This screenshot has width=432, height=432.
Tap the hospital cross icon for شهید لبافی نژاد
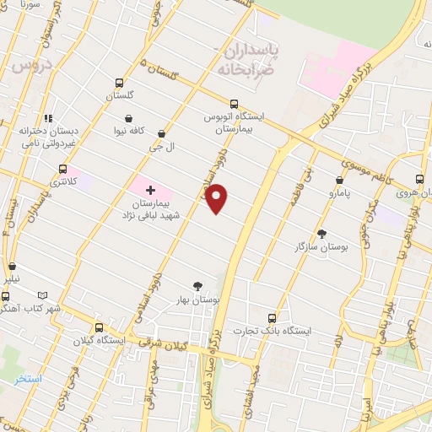tap(151, 190)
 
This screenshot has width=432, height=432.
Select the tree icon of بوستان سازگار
tap(321, 233)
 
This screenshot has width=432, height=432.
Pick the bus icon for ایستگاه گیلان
tap(99, 327)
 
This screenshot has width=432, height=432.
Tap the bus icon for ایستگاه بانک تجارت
tap(272, 318)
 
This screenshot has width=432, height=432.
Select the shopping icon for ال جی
tap(161, 133)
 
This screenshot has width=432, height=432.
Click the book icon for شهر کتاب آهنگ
tap(43, 296)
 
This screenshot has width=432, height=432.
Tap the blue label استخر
tap(28, 378)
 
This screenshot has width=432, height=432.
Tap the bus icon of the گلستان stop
tap(120, 84)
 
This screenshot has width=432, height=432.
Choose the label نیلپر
tap(10, 278)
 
